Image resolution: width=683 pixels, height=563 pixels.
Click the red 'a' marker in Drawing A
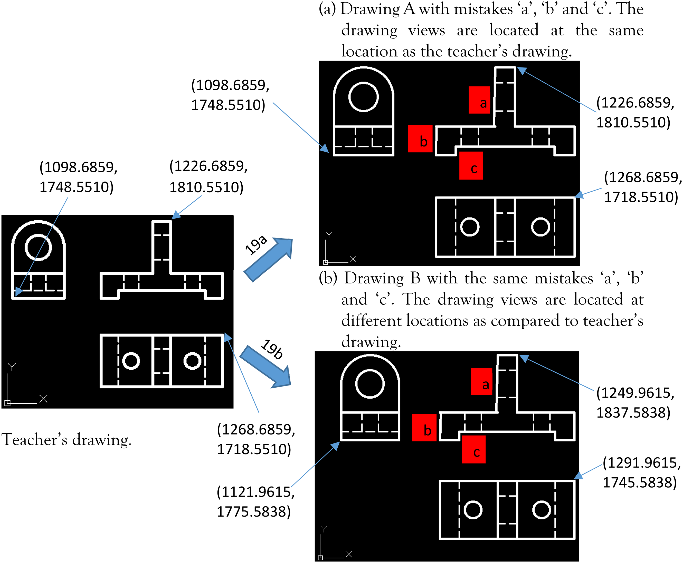[x=479, y=100]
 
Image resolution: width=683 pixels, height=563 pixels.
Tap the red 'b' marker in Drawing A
[x=420, y=139]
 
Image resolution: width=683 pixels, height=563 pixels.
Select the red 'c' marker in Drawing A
[x=471, y=165]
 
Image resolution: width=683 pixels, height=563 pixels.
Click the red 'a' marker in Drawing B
[x=481, y=381]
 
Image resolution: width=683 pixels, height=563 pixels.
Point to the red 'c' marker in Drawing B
[x=474, y=449]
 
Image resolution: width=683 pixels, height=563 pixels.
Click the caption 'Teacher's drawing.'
[x=67, y=440]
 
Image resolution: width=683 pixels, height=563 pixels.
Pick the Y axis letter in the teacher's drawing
[x=12, y=367]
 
